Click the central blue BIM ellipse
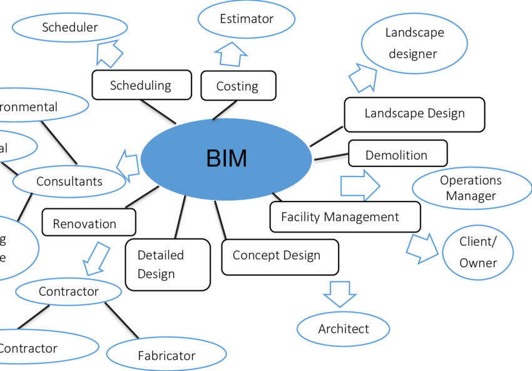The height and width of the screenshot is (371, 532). coord(226,160)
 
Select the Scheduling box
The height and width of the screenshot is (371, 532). coord(141,85)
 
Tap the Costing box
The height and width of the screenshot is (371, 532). coord(238,86)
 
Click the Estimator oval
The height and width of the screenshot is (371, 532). coord(246,19)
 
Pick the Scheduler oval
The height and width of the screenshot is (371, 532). coord(70,28)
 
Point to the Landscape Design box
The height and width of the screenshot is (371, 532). coord(414,114)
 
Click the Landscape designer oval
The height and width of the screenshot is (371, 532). coord(414,43)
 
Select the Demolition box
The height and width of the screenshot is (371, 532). coord(397,154)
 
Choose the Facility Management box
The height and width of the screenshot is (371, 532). coord(344,217)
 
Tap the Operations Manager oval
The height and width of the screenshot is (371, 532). coord(471,188)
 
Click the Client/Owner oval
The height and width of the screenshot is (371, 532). coord(478,252)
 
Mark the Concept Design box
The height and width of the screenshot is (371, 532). coord(280,257)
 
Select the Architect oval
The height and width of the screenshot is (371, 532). coord(343,329)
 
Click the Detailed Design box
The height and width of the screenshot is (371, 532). coord(167,265)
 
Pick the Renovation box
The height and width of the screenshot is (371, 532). coord(88,223)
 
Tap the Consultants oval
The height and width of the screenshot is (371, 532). coord(69,181)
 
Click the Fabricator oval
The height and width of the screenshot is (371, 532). coord(166,355)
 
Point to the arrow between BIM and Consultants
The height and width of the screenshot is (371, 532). coord(128,166)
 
